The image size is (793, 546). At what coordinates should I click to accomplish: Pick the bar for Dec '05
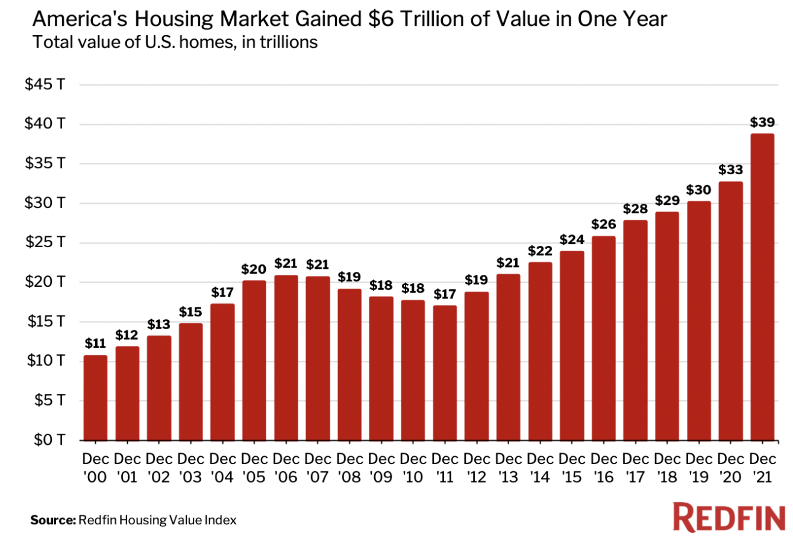(254, 360)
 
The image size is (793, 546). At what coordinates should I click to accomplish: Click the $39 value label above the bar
(762, 122)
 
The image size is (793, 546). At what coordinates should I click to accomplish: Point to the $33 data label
(730, 171)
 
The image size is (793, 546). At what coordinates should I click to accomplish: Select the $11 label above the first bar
(95, 344)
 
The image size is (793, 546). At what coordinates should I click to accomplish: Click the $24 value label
(571, 240)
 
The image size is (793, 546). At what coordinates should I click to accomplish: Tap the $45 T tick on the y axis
(45, 85)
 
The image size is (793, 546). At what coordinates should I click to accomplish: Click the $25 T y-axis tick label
(45, 243)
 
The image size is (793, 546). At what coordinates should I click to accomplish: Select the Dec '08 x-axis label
(349, 468)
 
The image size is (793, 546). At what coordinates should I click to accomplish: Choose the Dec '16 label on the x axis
(603, 468)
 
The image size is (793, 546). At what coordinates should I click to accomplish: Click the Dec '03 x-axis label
(191, 468)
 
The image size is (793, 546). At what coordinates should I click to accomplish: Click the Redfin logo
(729, 518)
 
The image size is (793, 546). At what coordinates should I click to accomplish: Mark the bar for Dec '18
(666, 325)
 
